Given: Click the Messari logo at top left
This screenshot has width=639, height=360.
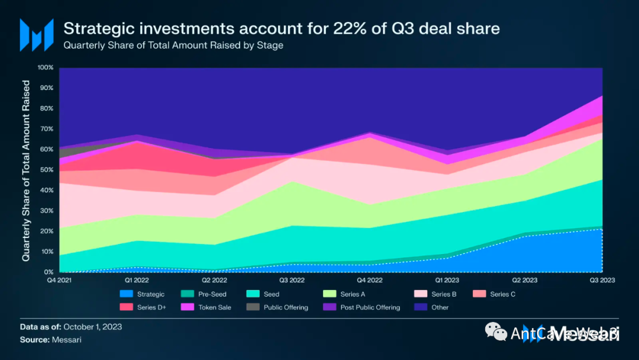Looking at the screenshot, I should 37,34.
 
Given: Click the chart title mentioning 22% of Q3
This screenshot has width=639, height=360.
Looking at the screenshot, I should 281,28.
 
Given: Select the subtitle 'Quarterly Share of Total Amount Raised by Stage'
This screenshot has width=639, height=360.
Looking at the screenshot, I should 173,46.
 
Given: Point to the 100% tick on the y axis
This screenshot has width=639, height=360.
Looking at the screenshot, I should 46,67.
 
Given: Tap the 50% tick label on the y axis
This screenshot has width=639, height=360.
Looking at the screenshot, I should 47,170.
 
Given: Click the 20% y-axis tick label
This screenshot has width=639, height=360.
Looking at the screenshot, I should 47,232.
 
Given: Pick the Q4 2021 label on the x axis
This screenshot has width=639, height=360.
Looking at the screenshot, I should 59,280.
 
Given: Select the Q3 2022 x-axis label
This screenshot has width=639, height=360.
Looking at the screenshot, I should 291,280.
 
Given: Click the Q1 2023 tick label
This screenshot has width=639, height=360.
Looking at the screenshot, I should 447,280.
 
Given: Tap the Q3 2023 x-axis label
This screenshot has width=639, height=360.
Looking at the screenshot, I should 602,280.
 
